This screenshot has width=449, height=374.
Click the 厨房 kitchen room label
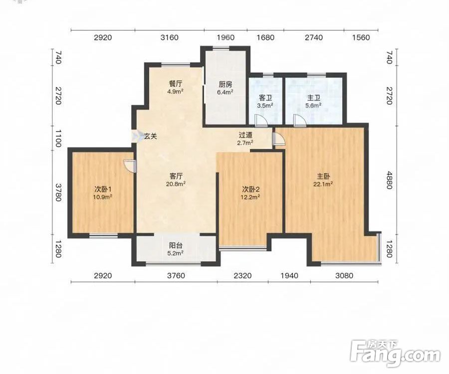[x=225, y=84]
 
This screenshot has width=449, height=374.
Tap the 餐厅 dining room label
[x=176, y=84]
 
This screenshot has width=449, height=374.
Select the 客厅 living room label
[x=176, y=176]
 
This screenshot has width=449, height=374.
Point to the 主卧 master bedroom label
[x=323, y=177]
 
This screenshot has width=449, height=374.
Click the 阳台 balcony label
[x=176, y=245]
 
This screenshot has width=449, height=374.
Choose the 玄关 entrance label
[x=150, y=137]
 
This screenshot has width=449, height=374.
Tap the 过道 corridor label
[x=245, y=135]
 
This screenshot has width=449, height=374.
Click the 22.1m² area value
[x=323, y=185]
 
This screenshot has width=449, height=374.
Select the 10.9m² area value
[x=102, y=197]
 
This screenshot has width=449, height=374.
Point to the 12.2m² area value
[x=250, y=197]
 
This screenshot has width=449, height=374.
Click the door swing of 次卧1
[x=130, y=167]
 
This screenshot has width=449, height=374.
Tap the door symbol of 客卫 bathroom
[x=261, y=121]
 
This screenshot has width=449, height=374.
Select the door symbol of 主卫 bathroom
[x=299, y=121]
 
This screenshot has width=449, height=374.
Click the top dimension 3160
[x=170, y=37]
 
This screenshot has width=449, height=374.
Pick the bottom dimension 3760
[x=176, y=276]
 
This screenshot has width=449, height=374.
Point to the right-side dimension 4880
[x=389, y=181]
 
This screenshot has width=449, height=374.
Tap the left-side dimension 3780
[x=58, y=192]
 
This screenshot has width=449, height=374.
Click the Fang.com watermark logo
[x=395, y=354]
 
